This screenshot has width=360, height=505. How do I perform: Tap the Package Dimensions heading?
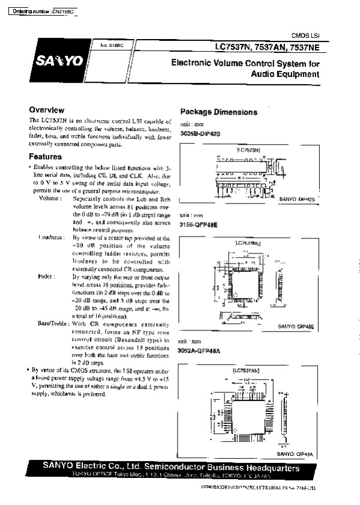219,112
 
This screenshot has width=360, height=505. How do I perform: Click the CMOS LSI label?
305,37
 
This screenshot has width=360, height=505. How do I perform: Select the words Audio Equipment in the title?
285,74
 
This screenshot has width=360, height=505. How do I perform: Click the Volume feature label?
49,198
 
